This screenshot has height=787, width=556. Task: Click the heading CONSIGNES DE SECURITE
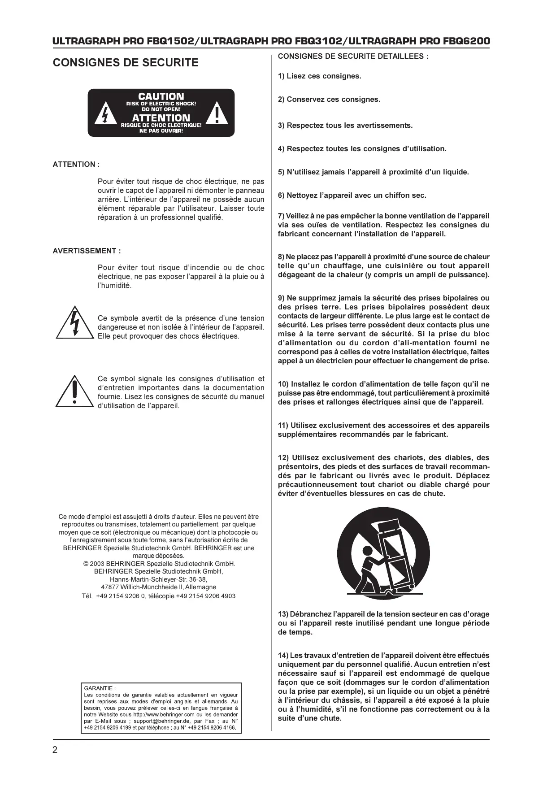point(126,63)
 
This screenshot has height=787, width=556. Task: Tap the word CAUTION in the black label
point(161,96)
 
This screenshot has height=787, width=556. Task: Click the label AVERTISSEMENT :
point(87,251)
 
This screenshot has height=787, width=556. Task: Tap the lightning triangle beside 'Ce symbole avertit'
point(74,323)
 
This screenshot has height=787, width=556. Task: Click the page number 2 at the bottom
point(55,750)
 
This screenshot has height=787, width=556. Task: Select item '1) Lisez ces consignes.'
point(319,76)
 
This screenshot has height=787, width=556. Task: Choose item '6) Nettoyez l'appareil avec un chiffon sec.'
point(352,196)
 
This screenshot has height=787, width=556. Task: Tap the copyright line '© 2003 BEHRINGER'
point(159,564)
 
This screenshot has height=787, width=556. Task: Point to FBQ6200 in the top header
point(466,41)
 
